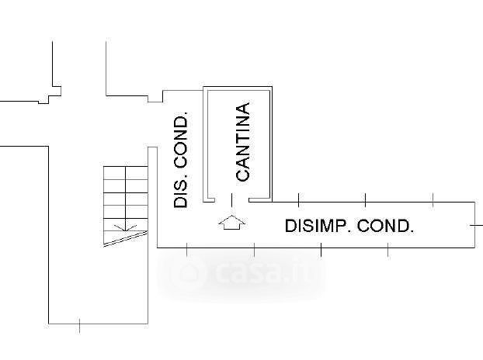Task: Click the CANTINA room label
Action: (x=242, y=143)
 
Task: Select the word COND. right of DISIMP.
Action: (x=385, y=227)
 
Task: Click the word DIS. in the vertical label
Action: (x=181, y=190)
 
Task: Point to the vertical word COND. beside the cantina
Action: (x=181, y=141)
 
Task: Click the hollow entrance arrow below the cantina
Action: (x=231, y=223)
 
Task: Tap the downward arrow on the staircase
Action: (x=121, y=227)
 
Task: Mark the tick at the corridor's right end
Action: (x=474, y=224)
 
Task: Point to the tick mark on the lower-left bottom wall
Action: (x=80, y=325)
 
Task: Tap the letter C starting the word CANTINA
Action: (x=242, y=175)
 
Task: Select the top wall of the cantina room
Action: (x=238, y=87)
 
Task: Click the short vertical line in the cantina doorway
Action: (x=231, y=200)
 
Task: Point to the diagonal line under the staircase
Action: (x=124, y=237)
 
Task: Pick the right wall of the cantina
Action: (x=271, y=144)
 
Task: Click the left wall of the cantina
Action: (x=204, y=144)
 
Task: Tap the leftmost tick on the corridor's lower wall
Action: (x=187, y=249)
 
